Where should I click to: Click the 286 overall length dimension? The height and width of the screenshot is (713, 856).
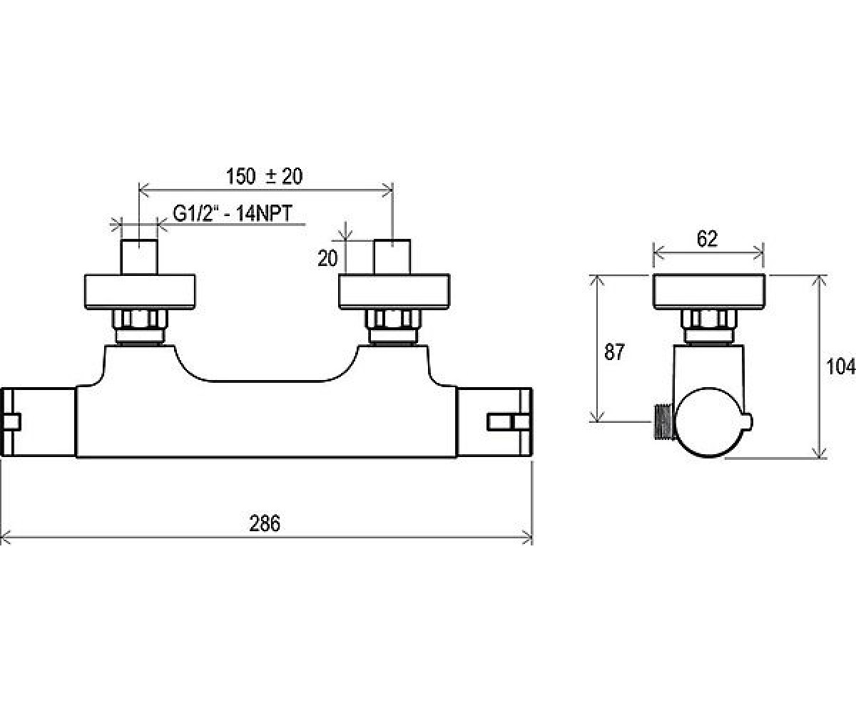(265, 523)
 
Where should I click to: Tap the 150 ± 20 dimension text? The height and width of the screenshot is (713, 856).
(265, 177)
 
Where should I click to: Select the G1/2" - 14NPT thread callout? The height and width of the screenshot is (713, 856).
(233, 213)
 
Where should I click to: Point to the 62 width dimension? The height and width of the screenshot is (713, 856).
(707, 239)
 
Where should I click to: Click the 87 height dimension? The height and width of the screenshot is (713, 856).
(614, 352)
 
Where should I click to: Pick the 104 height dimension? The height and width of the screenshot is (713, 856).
(840, 366)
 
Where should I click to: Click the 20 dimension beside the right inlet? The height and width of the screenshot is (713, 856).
(327, 259)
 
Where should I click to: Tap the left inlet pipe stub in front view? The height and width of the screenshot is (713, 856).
(139, 257)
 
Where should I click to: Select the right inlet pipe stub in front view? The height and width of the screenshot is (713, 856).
(392, 257)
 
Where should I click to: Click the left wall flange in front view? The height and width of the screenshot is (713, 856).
(140, 292)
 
